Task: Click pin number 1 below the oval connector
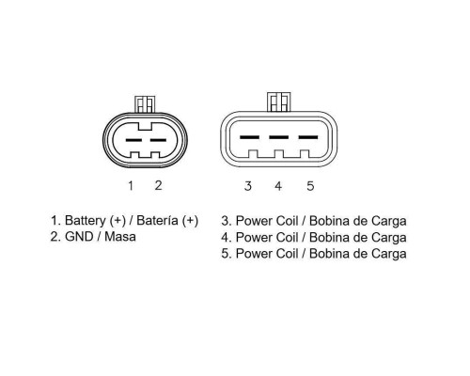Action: click(x=131, y=185)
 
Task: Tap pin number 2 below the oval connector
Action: click(x=158, y=185)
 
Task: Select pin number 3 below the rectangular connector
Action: click(x=248, y=186)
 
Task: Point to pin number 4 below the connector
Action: click(x=278, y=186)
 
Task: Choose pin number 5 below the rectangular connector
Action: click(x=310, y=186)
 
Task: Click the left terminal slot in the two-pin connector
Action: click(x=133, y=140)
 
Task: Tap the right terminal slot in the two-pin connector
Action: click(x=158, y=140)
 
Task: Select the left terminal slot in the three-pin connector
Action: click(x=249, y=137)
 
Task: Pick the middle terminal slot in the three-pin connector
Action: click(x=279, y=137)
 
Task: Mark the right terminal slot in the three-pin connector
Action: click(x=308, y=137)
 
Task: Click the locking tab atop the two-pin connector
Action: click(x=145, y=104)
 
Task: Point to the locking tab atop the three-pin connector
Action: click(x=279, y=102)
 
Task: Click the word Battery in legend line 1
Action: click(x=85, y=221)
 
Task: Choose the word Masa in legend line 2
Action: click(x=120, y=237)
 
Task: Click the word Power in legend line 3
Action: click(x=254, y=221)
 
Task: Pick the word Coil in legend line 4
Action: click(x=287, y=237)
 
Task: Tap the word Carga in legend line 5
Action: click(x=389, y=254)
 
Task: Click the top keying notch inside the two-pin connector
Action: click(x=145, y=127)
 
